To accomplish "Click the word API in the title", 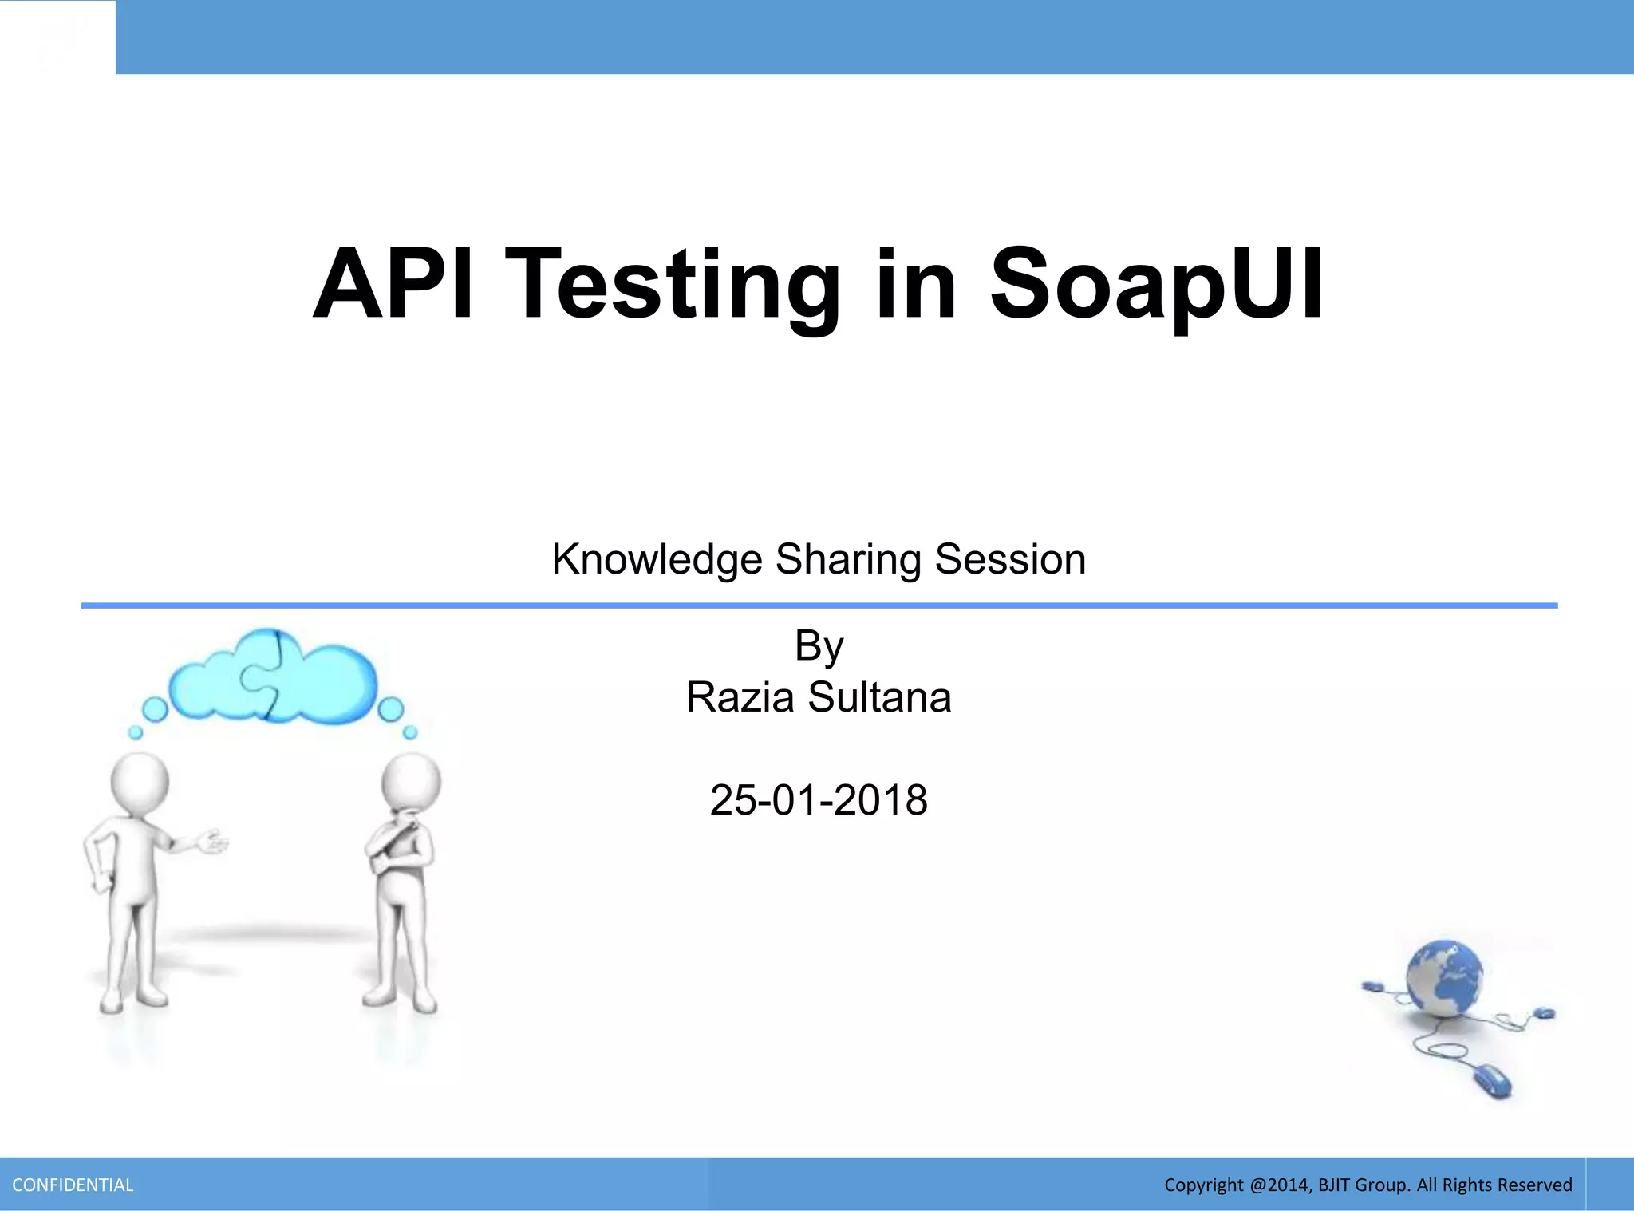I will (393, 285).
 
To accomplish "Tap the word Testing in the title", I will (672, 287).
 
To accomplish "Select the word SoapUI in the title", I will (1157, 285).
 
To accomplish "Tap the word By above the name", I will (819, 646).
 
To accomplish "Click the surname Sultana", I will (879, 697).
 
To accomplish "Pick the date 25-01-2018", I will (819, 800).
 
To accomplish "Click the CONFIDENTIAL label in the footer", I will (73, 1185).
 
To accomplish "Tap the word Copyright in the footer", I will (1203, 1185).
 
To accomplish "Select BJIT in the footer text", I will (1334, 1185).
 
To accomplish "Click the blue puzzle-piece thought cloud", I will (271, 677).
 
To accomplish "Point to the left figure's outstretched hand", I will (213, 841).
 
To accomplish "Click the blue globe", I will (1444, 978).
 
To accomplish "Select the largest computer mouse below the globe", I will (1491, 1081).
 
